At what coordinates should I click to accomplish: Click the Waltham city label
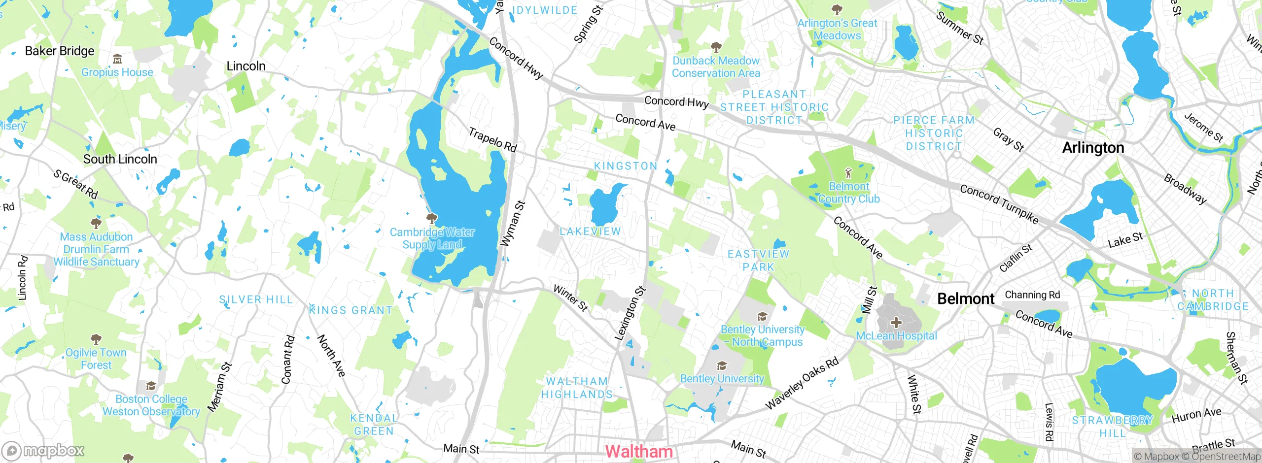pos(638,451)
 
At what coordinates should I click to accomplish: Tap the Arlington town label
pos(1093,148)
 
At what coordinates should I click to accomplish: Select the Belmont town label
pos(966,298)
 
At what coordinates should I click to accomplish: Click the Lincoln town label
pos(245,66)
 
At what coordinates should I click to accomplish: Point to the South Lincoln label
pos(120,159)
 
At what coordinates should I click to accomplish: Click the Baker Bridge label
pos(60,51)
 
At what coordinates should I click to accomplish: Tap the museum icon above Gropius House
pos(117,60)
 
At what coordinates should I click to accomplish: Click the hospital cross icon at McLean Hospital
pos(896,323)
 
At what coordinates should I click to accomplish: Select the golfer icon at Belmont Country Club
pos(848,173)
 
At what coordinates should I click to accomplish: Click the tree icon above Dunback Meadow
pos(716,47)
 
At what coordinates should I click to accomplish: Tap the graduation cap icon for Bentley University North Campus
pos(762,317)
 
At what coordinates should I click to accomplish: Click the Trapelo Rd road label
pos(492,140)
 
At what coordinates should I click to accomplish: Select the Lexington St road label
pos(630,313)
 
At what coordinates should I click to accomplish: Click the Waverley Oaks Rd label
pos(802,383)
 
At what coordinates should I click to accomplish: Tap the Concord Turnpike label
pos(999,204)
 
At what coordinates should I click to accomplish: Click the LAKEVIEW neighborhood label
pos(590,231)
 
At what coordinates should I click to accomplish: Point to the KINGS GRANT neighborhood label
pos(351,310)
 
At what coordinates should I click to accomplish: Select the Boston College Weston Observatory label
pos(151,405)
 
